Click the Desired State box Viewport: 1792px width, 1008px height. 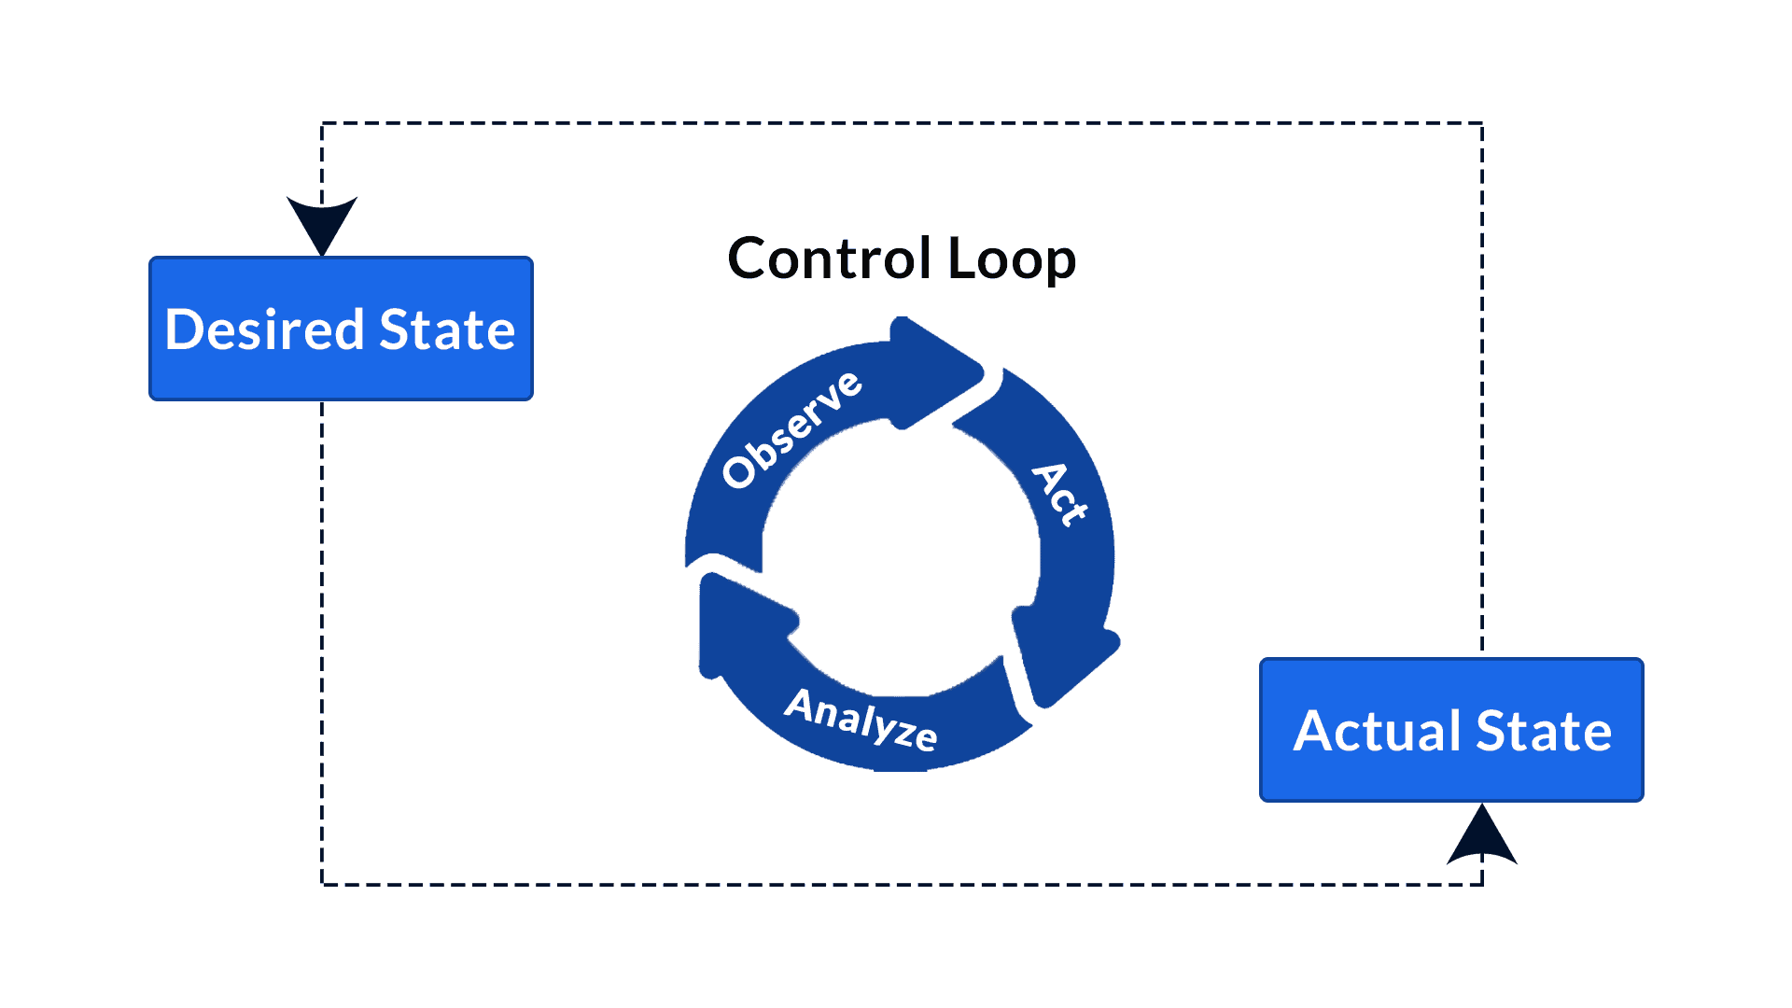[341, 329]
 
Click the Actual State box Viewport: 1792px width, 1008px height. [1451, 730]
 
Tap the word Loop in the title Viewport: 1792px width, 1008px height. [1012, 259]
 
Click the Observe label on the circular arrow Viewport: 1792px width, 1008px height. [791, 428]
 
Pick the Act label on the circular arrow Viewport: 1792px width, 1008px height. [1060, 494]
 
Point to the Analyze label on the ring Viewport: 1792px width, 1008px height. [861, 719]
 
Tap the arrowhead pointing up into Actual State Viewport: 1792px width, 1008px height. [1482, 835]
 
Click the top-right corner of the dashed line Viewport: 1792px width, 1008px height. [1482, 123]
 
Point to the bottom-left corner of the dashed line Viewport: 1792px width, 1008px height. [322, 884]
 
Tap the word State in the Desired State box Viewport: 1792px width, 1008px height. [447, 329]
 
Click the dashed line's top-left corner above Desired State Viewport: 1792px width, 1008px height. [322, 123]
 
